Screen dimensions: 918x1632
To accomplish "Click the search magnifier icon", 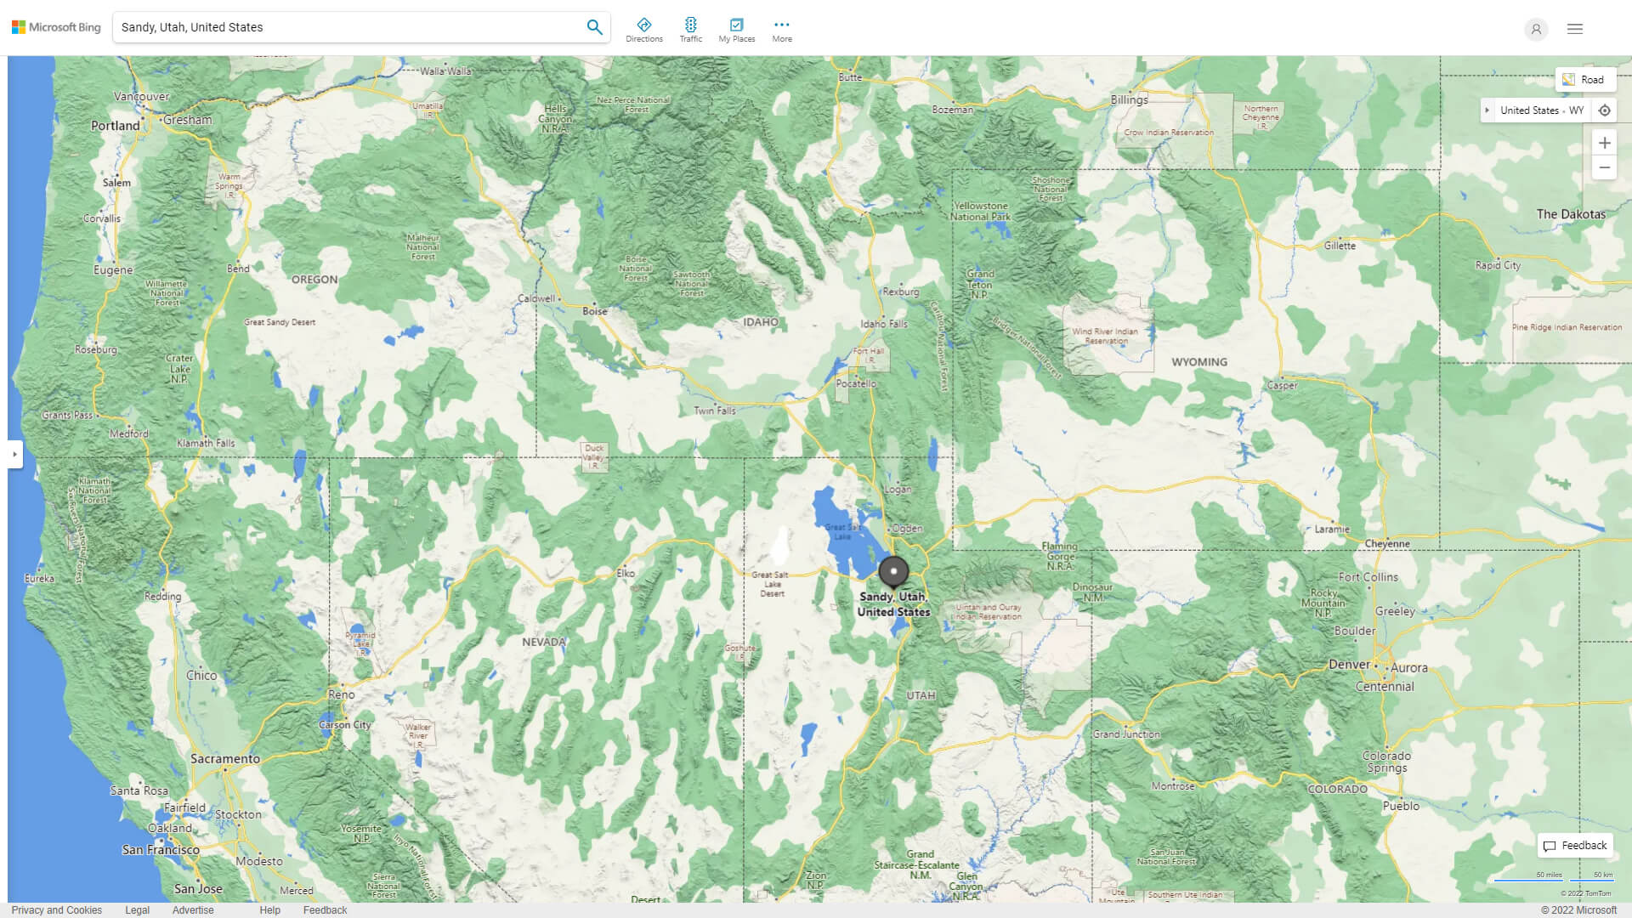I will [x=594, y=27].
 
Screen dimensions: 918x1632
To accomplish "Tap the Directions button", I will [x=643, y=30].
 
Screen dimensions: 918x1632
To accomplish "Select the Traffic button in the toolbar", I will [x=690, y=30].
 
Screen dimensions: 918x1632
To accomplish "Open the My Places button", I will [x=736, y=30].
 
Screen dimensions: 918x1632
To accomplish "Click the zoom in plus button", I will [x=1604, y=143].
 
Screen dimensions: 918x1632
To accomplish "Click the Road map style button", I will [x=1584, y=80].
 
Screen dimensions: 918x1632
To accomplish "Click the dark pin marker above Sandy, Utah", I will [x=893, y=572].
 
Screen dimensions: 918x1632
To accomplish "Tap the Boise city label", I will [x=595, y=311].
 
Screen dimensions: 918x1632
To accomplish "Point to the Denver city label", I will [x=1349, y=665].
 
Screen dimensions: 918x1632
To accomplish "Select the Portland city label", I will [x=116, y=126].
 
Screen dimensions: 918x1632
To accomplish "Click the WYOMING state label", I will [x=1198, y=362].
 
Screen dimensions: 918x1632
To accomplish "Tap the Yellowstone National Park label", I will [x=980, y=212].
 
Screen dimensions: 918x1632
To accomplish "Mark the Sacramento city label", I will [x=224, y=759].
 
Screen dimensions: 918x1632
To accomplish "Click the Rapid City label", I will [x=1498, y=265].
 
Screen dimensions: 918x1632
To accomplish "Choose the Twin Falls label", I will [x=714, y=411].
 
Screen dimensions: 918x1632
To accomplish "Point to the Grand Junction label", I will [x=1125, y=734].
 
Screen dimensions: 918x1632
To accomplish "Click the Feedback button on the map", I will [x=1575, y=846].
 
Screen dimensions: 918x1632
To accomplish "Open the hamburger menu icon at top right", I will [x=1575, y=29].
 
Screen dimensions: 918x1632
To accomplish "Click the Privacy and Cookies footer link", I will [x=56, y=909].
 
